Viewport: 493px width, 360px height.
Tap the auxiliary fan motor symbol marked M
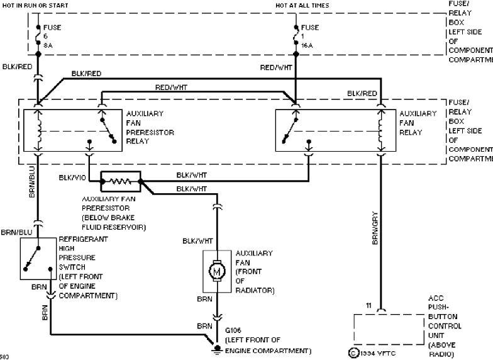coord(217,271)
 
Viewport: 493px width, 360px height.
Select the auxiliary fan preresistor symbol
coord(120,181)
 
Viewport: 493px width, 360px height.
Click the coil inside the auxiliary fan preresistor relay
coord(38,130)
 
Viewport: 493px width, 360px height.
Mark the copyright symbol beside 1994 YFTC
coord(353,354)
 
